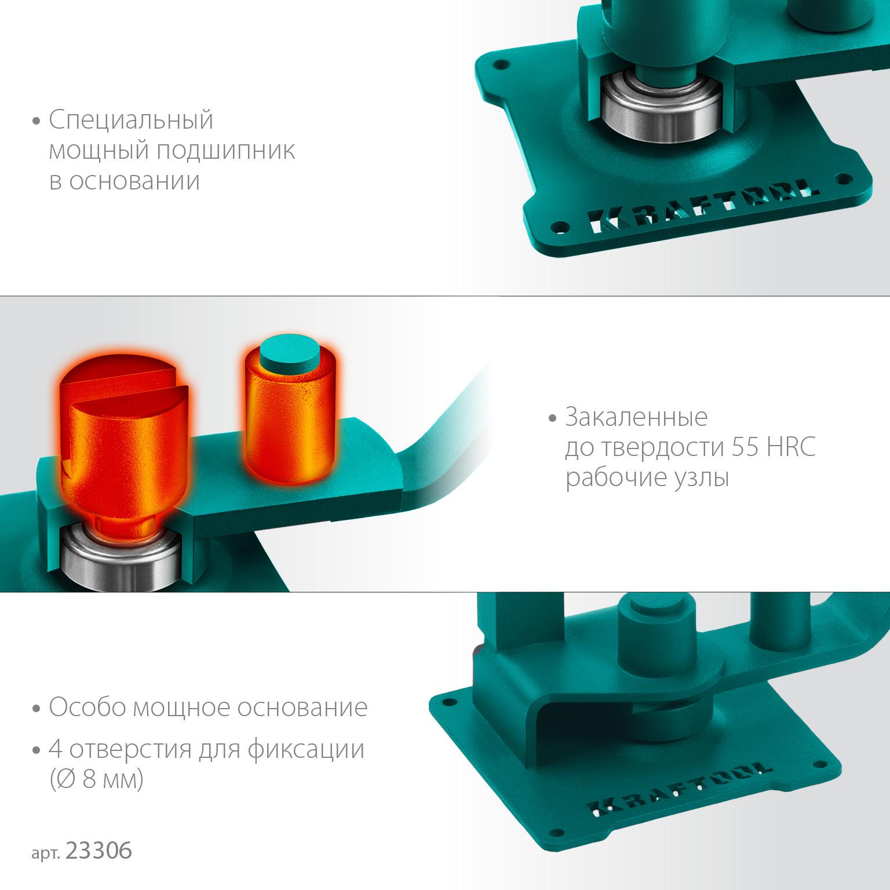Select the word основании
(x=134, y=181)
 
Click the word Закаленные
(x=636, y=418)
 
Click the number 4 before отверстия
(x=56, y=750)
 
